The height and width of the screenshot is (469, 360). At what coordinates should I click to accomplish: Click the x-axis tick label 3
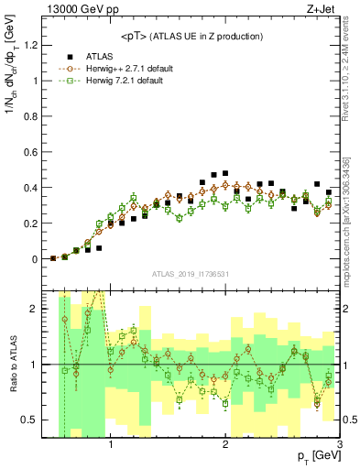tap(338, 446)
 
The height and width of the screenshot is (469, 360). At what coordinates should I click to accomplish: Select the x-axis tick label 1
tap(111, 446)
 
